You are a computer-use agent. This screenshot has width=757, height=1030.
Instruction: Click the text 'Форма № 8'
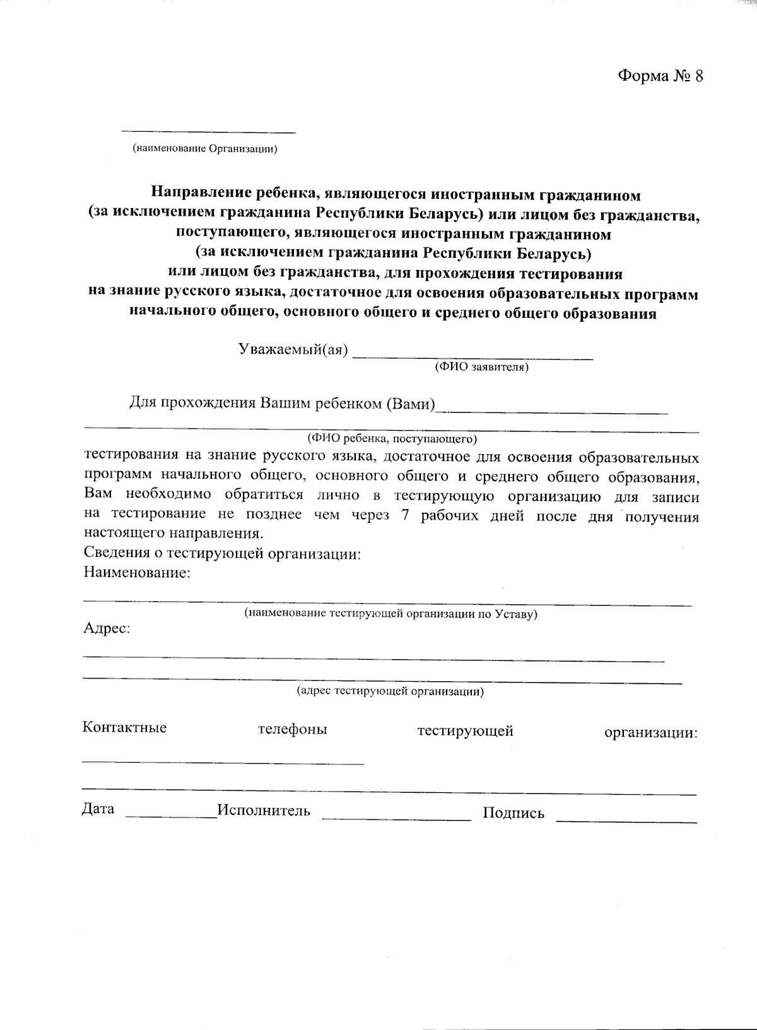point(660,76)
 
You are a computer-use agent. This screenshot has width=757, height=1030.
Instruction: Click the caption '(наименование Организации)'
point(205,149)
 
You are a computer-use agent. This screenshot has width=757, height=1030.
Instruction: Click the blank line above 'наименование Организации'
point(208,132)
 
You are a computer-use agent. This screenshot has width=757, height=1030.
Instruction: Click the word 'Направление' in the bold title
point(198,194)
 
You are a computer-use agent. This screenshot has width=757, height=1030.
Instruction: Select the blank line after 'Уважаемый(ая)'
point(472,357)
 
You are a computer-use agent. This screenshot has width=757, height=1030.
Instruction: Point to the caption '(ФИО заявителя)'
point(481,367)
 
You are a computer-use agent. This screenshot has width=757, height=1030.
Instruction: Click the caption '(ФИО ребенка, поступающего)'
point(392,438)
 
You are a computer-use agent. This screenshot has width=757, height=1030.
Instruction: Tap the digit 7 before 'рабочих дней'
point(404,515)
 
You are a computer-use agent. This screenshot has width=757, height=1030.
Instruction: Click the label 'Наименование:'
point(137,573)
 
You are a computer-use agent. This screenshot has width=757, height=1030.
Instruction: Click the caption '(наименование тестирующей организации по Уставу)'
point(390,614)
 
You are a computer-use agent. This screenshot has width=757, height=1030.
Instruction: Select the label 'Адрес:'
point(107,629)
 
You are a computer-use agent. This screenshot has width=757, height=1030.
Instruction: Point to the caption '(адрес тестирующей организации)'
point(390,691)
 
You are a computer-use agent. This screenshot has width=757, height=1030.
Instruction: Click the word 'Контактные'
point(124,727)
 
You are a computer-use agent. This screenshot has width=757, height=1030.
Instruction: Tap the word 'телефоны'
point(292,730)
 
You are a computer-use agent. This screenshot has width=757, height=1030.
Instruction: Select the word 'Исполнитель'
point(264,811)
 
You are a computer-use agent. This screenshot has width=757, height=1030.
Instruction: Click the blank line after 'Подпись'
point(626,821)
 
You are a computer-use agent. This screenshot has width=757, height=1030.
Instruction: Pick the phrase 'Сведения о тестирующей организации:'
point(222,554)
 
